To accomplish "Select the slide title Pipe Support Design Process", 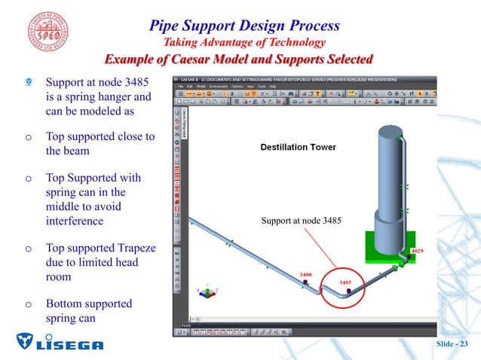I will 245,25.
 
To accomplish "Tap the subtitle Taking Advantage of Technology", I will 245,43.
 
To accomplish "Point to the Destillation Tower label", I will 298,147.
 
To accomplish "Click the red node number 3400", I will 307,275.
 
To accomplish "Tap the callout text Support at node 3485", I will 302,221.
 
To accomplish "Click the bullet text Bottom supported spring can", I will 89,311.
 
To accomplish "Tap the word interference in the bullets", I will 75,221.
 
